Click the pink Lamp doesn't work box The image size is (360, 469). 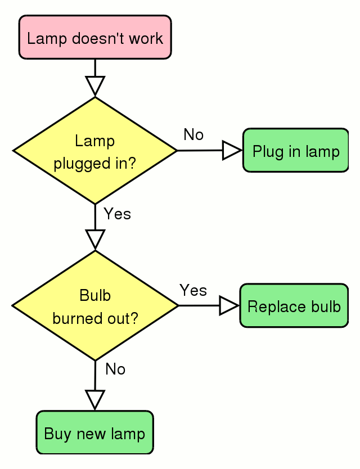tap(95, 38)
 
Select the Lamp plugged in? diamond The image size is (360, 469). tap(95, 151)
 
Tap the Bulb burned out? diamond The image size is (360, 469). tap(95, 305)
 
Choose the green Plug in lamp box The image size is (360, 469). tap(296, 151)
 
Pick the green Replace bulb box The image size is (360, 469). tap(294, 306)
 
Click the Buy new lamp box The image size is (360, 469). tap(94, 432)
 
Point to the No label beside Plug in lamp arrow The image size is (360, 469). tap(193, 134)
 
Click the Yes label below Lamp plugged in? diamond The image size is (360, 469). tap(117, 214)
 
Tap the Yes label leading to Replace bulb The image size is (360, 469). tap(193, 290)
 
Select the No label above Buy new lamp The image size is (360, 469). tap(115, 369)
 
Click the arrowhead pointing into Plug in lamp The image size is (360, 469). tap(231, 151)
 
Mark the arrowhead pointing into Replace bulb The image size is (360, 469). tap(228, 306)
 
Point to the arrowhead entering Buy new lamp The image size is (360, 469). tap(95, 399)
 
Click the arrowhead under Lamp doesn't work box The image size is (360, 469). tap(95, 85)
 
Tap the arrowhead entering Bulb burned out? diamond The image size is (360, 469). tap(95, 239)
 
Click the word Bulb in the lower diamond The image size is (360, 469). tap(95, 295)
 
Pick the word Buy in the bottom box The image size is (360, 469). tap(54, 434)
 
